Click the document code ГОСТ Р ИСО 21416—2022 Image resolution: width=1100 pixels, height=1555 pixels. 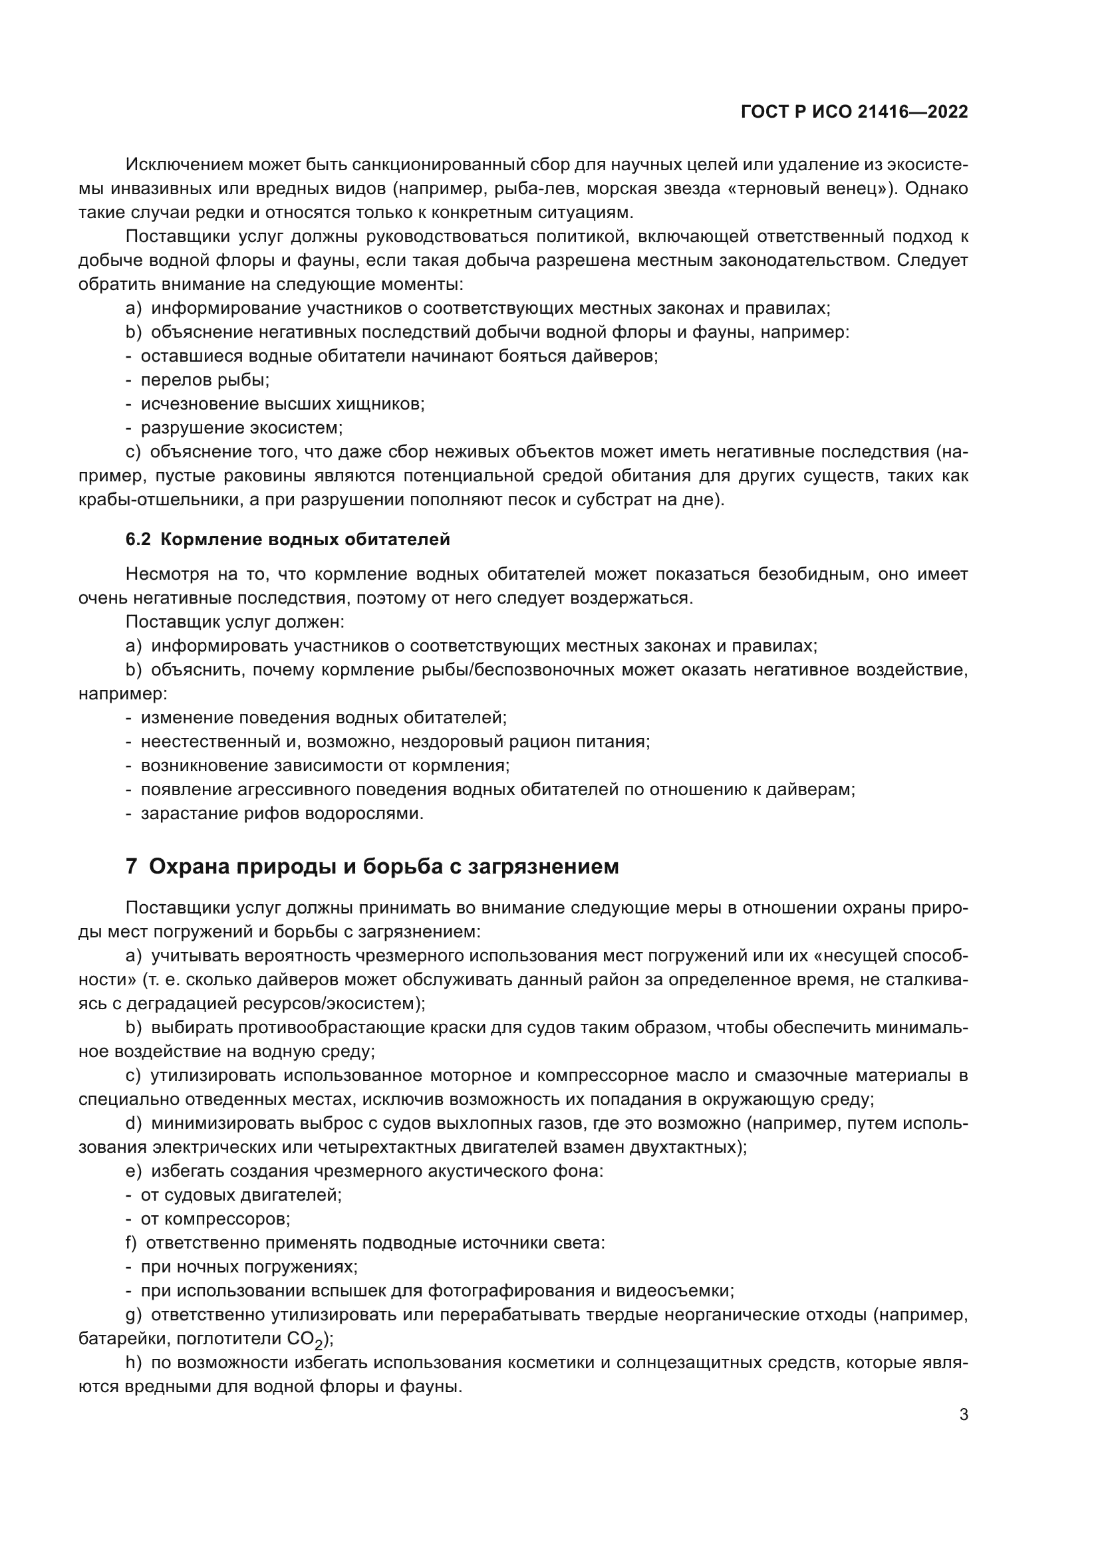pos(854,112)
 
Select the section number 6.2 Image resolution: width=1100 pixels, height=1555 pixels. pos(138,539)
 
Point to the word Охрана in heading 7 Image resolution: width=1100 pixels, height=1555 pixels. pos(188,866)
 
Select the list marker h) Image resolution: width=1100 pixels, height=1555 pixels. pos(134,1362)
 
